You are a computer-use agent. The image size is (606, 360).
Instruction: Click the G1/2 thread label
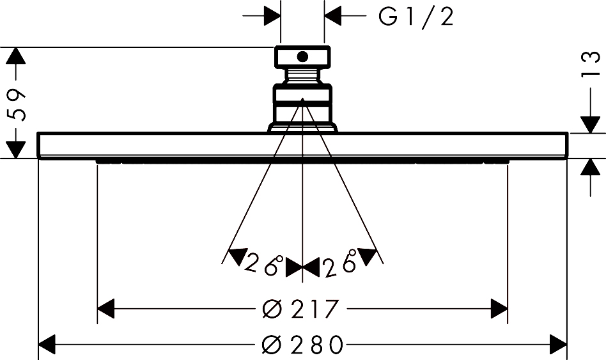416,17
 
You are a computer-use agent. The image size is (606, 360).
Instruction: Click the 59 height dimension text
16,104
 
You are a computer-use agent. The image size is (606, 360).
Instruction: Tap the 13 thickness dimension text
591,65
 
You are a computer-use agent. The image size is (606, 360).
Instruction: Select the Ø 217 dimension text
300,309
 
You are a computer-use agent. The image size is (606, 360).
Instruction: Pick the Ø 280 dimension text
302,344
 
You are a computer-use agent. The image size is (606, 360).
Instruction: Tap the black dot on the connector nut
302,57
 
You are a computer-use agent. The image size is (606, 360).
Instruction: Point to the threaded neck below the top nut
302,75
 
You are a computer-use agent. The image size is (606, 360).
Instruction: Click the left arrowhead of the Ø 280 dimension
47,344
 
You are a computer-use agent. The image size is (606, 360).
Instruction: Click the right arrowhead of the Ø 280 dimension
559,344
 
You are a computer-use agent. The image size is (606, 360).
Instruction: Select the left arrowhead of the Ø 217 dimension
106,309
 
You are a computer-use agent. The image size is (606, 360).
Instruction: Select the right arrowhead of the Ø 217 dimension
499,309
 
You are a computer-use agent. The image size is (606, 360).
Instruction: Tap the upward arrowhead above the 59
16,55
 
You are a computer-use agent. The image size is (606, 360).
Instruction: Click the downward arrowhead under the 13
590,125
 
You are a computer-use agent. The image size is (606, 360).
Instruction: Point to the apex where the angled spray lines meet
302,99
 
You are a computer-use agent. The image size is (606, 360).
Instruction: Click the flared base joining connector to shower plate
302,128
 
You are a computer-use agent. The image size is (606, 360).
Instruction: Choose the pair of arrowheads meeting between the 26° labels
302,267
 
